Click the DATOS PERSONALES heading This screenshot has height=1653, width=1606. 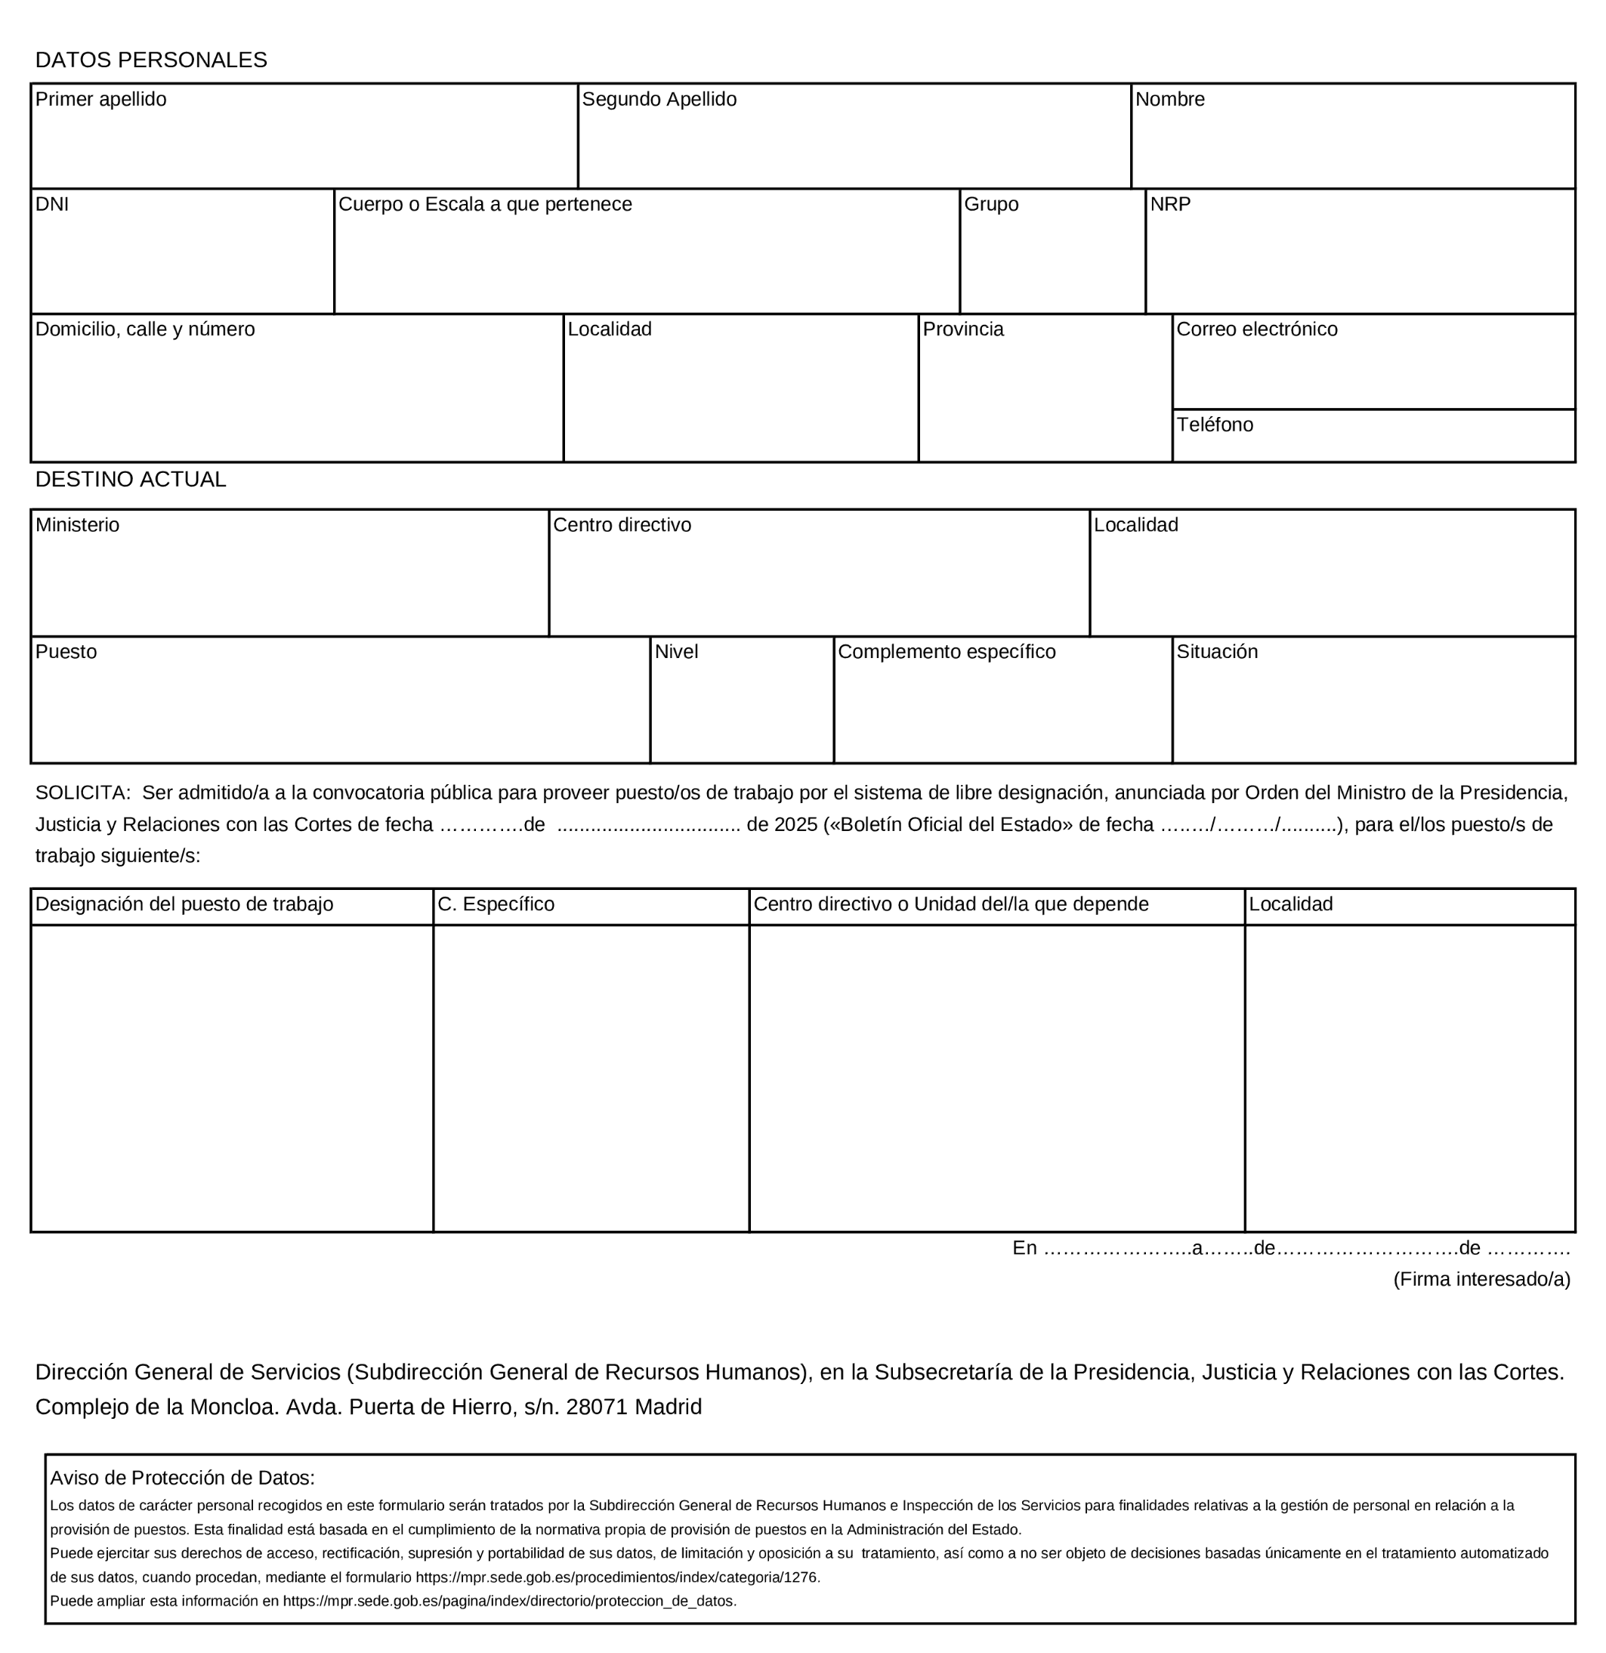151,60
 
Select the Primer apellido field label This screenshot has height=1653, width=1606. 100,100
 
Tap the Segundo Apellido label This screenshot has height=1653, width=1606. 659,100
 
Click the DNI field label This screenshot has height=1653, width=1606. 51,204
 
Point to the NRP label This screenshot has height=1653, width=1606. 1170,204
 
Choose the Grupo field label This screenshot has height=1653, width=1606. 990,204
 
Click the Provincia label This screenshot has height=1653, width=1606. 962,329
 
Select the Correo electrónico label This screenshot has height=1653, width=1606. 1256,329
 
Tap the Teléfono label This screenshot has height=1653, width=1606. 1214,425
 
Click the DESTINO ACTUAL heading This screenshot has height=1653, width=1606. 131,479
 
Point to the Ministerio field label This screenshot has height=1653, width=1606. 77,524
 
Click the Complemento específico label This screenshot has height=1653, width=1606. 946,651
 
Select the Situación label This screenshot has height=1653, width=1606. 1216,651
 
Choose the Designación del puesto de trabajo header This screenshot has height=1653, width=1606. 184,904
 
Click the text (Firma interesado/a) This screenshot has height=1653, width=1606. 1481,1278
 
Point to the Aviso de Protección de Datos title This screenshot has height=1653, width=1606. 182,1478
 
